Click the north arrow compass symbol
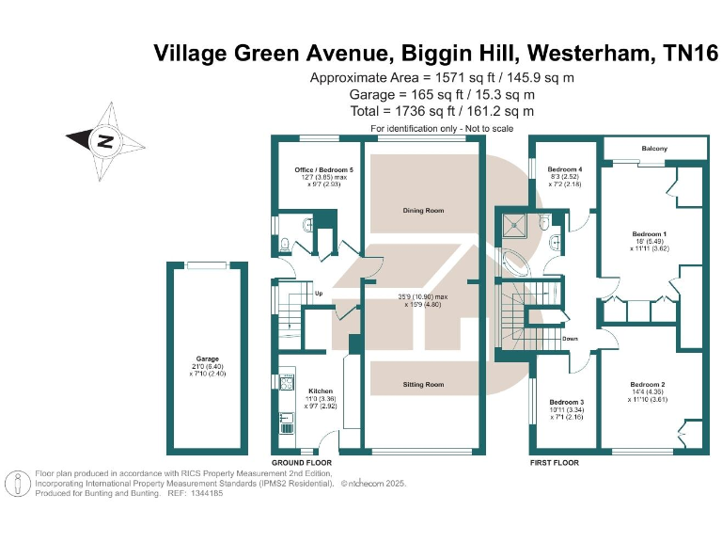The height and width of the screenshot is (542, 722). [105, 142]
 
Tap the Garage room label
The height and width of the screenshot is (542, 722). [207, 359]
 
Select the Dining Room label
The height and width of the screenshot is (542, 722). [423, 211]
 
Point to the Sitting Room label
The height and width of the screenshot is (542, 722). [423, 384]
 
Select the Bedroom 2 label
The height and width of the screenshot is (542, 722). [648, 384]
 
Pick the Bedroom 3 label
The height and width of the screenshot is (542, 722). [566, 402]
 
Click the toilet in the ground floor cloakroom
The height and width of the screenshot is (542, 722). [286, 247]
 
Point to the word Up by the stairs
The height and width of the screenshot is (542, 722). [319, 292]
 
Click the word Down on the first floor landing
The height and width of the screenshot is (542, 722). [570, 338]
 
